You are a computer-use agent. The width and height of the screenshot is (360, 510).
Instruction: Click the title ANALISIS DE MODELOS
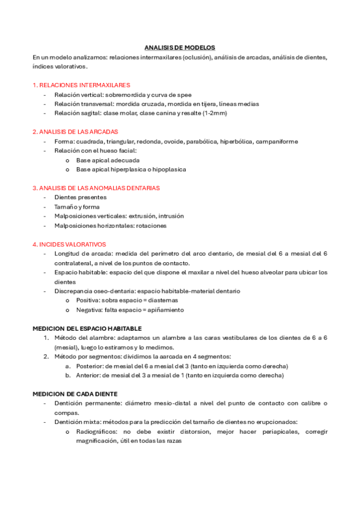(x=180, y=47)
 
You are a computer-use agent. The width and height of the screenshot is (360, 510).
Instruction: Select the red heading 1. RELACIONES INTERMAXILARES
(x=81, y=85)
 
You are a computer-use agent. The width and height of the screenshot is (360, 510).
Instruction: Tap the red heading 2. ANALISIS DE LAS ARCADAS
(x=75, y=131)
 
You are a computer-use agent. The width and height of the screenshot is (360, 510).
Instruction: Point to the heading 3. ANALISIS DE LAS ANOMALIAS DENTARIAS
(x=96, y=188)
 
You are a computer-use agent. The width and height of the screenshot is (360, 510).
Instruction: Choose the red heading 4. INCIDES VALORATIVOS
(x=69, y=244)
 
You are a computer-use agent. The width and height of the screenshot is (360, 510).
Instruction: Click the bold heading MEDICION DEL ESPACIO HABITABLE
(x=87, y=328)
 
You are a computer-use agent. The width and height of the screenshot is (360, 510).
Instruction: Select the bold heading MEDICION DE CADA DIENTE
(x=75, y=393)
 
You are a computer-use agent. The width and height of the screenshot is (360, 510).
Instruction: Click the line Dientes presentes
(x=80, y=197)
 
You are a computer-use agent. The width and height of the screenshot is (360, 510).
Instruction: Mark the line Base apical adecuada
(x=108, y=161)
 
